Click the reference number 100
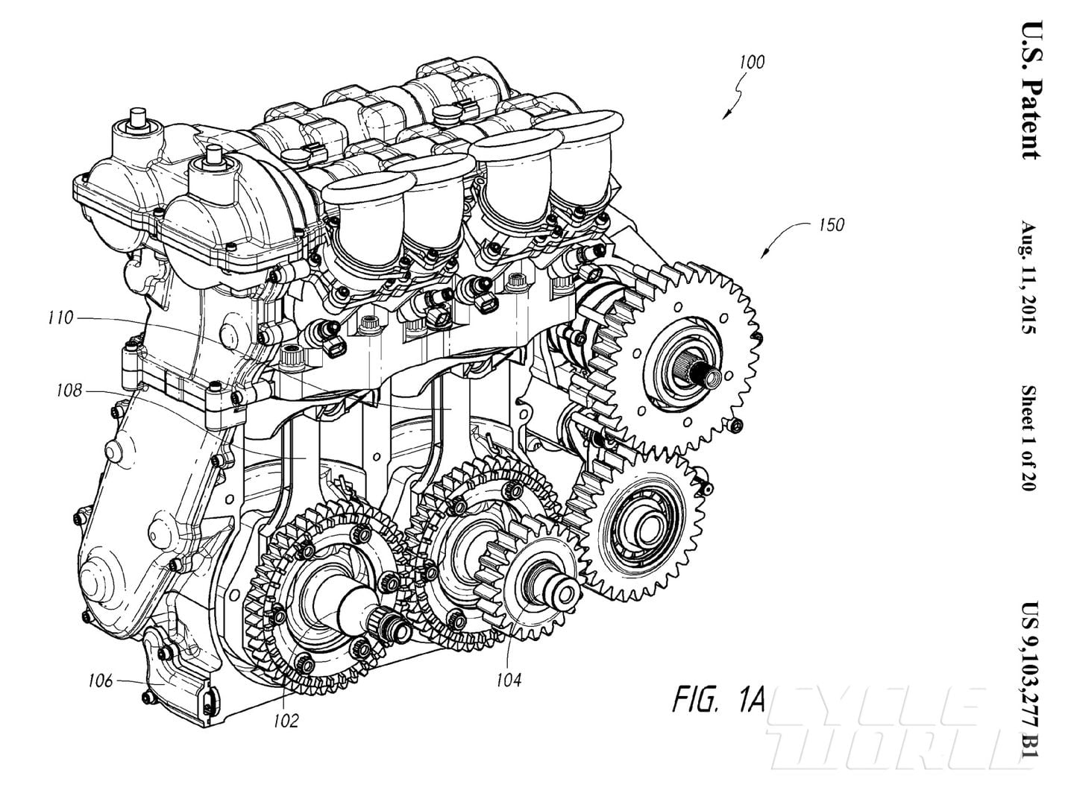[x=752, y=63]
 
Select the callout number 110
[x=60, y=318]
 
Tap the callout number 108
[x=68, y=390]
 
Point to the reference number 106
[x=99, y=680]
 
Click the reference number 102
[x=285, y=720]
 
